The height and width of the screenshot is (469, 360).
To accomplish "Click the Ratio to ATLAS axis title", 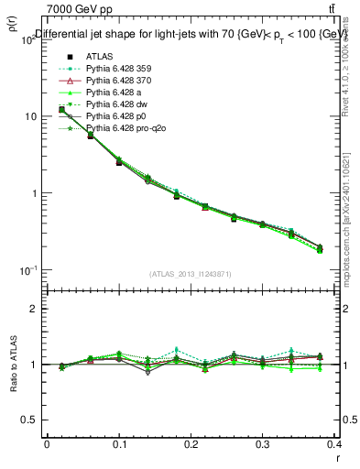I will point(12,364).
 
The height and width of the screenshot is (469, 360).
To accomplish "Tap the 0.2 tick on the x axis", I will point(191,443).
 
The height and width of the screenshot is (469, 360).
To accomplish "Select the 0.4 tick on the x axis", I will point(335,443).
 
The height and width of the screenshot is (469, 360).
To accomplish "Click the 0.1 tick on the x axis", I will point(119,443).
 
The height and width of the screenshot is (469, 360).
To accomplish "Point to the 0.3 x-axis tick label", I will point(263,443).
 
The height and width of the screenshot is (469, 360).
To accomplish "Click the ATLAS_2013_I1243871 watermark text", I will point(191,274).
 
